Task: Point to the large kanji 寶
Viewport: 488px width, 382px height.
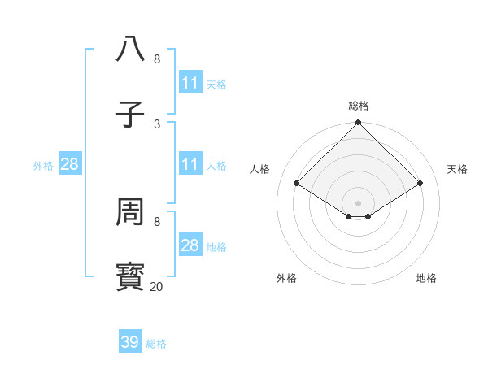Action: click(x=131, y=276)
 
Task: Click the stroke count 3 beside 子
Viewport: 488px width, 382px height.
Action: click(x=157, y=124)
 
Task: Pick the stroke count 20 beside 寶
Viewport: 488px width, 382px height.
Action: click(x=157, y=286)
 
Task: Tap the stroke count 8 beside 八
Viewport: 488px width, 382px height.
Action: click(x=157, y=59)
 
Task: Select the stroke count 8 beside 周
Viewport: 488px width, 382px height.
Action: click(x=157, y=221)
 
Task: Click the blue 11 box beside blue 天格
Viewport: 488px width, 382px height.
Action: click(x=190, y=83)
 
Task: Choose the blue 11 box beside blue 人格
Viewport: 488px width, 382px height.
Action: click(x=190, y=164)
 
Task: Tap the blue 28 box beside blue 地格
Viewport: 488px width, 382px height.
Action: click(x=190, y=245)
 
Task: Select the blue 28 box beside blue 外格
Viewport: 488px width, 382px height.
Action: click(x=70, y=164)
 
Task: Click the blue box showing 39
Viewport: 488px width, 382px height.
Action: click(x=130, y=342)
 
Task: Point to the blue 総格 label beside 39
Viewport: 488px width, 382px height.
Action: click(x=156, y=344)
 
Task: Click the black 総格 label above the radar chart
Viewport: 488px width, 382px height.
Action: click(x=359, y=106)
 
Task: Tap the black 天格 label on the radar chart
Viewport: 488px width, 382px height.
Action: click(x=458, y=169)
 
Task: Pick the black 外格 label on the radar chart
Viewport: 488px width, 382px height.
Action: click(x=286, y=278)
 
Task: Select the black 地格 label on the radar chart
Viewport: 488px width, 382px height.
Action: click(x=426, y=278)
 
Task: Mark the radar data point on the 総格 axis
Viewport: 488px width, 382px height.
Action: click(x=359, y=124)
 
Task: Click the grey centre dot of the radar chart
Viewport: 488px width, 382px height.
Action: click(x=359, y=202)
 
